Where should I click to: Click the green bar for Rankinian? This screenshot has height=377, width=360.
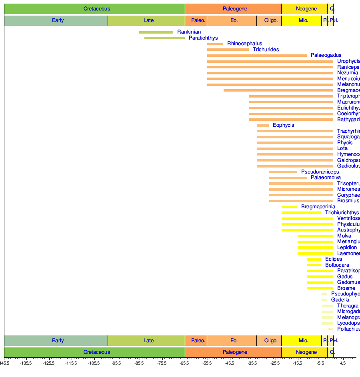click(x=156, y=32)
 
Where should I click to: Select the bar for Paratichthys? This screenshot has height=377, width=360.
click(x=164, y=38)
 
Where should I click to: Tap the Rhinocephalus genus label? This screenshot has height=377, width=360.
click(x=244, y=44)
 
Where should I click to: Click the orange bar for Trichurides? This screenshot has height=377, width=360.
click(x=228, y=50)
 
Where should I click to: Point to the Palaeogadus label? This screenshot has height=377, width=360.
click(x=326, y=55)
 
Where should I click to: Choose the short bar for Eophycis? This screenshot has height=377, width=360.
click(x=263, y=126)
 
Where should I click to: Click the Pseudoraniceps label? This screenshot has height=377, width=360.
click(x=320, y=172)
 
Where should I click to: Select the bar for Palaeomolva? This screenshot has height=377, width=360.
click(x=288, y=178)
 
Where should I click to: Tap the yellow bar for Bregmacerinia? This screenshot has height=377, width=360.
click(x=289, y=207)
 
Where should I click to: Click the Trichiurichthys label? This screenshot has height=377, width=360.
click(x=342, y=213)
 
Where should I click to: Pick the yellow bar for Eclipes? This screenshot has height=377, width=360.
click(x=314, y=259)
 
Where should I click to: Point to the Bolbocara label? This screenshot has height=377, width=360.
click(x=337, y=265)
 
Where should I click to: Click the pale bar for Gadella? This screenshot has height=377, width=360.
click(x=324, y=300)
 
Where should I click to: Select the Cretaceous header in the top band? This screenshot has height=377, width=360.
click(x=97, y=9)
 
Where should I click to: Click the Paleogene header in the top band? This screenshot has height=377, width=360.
click(x=235, y=9)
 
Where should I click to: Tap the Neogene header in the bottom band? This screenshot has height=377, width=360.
click(x=306, y=352)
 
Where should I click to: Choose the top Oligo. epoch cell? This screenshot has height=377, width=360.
click(x=271, y=20)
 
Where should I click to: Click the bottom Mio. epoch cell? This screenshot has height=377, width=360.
click(x=303, y=341)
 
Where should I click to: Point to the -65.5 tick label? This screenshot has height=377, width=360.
click(x=185, y=363)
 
